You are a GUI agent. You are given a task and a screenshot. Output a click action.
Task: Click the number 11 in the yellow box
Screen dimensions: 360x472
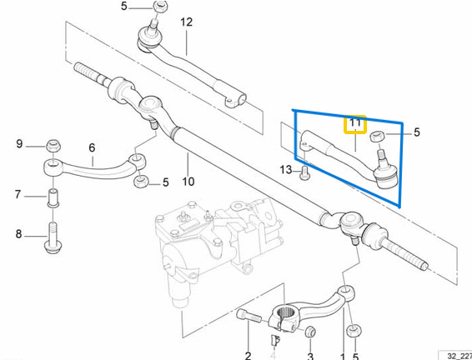coord(356,125)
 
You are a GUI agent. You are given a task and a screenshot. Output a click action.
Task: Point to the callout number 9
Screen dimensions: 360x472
coord(20,144)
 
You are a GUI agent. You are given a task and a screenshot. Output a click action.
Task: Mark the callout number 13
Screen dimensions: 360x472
coord(287,172)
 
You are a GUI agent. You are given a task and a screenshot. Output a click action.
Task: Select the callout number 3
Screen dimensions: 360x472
coord(309,354)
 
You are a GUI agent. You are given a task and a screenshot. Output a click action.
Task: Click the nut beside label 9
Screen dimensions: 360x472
coord(52,145)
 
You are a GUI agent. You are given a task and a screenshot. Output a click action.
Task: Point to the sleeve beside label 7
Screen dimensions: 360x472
coord(52,200)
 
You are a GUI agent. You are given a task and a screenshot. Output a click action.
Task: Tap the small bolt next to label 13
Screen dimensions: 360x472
coord(304,173)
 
